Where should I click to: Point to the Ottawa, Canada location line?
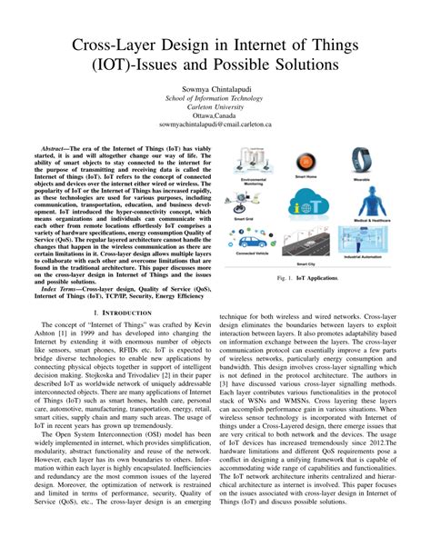(215, 116)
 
